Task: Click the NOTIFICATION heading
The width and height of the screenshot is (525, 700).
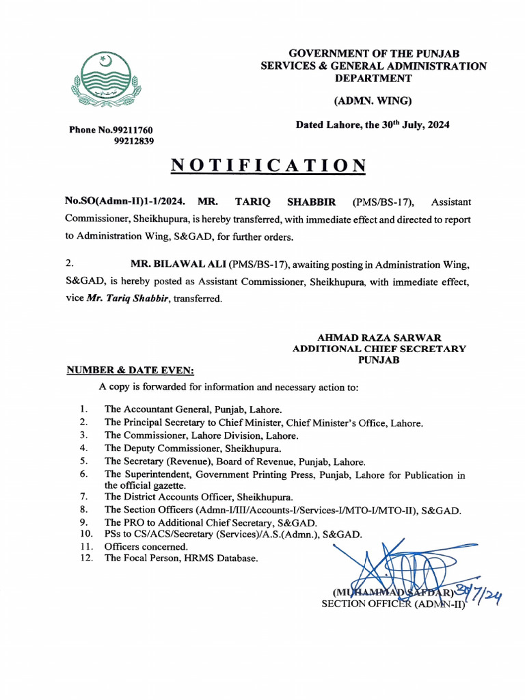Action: [x=268, y=166]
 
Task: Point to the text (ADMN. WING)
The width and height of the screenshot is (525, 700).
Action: [x=373, y=101]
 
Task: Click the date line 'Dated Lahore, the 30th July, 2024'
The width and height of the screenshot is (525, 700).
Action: [x=372, y=125]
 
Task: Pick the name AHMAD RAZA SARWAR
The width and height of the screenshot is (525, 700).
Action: [x=379, y=338]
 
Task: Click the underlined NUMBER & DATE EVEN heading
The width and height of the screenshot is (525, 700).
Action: [x=130, y=371]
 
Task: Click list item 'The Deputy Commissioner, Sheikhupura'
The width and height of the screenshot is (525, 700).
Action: [x=193, y=448]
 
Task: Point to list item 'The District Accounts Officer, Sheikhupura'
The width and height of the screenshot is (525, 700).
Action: [x=198, y=497]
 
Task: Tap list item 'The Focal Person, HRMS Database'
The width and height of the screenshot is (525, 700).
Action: [x=181, y=558]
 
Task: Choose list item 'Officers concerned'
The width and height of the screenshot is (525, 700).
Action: [x=146, y=547]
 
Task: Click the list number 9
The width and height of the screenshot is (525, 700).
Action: [x=83, y=522]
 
